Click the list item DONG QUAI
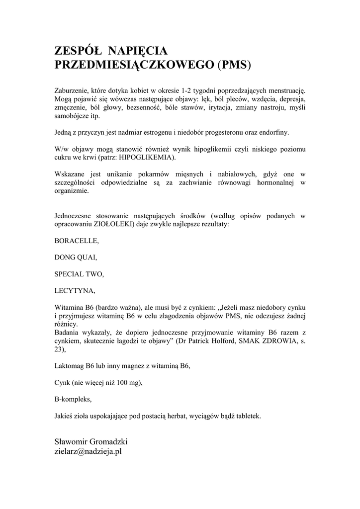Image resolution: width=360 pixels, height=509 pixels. click(x=76, y=257)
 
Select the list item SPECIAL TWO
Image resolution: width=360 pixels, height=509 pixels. click(x=79, y=274)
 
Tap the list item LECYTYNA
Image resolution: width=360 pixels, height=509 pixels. click(x=74, y=290)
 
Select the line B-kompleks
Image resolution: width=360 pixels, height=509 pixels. click(x=73, y=399)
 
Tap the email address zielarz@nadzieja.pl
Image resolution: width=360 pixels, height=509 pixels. click(x=88, y=452)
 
